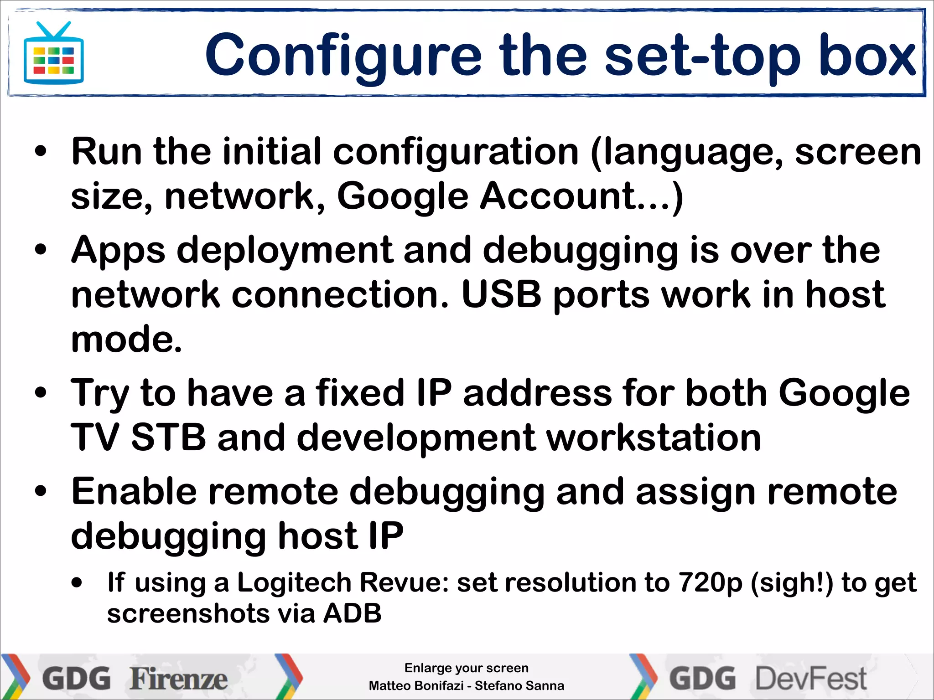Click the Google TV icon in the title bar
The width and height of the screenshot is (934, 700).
[54, 54]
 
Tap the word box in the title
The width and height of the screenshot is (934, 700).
[867, 56]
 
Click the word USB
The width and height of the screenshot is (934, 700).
[501, 295]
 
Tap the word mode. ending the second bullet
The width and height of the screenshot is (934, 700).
[126, 340]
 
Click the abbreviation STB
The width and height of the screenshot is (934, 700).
[168, 437]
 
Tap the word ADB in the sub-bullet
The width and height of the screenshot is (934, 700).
[352, 613]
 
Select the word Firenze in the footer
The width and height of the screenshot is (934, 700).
[179, 679]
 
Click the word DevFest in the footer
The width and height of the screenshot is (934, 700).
[811, 679]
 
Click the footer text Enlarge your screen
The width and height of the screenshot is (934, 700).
[466, 668]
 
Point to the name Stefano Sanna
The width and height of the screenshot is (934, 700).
[519, 686]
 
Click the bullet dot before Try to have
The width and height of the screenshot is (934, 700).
[41, 393]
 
